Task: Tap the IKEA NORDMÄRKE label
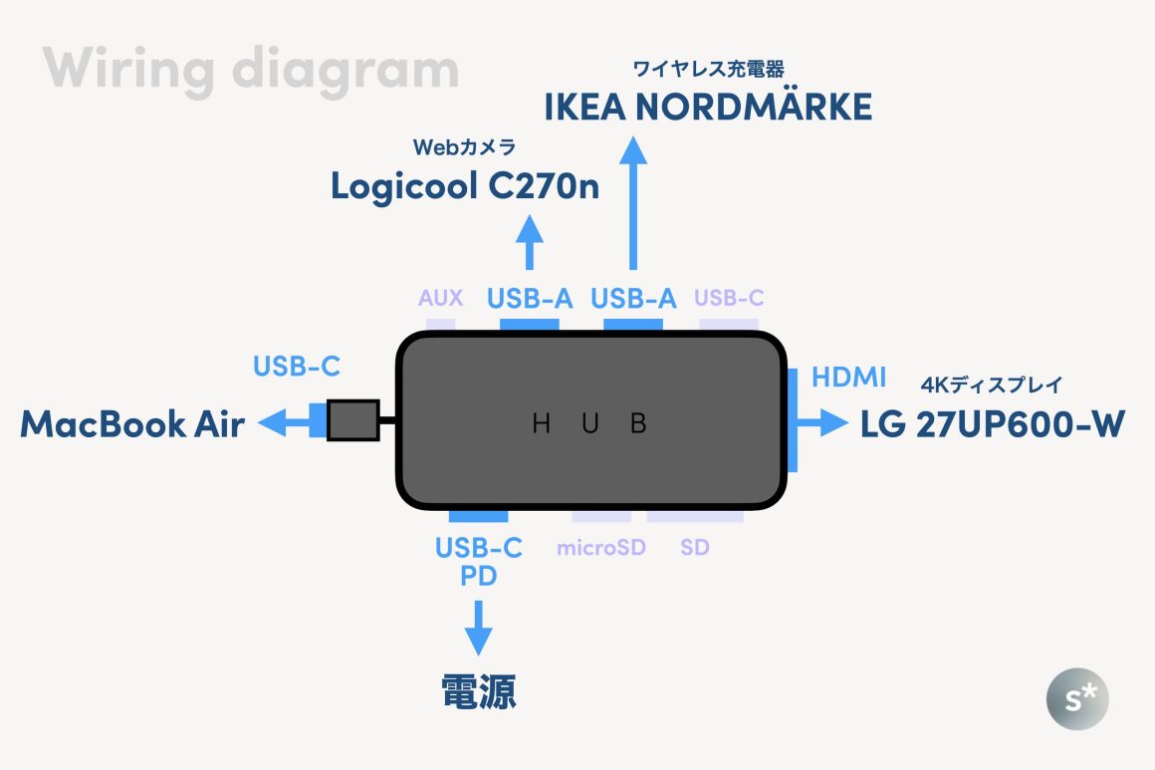(x=708, y=107)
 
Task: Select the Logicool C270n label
(x=465, y=186)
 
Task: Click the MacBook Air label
(x=132, y=425)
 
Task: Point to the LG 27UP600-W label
(x=993, y=425)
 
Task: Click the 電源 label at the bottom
(x=479, y=692)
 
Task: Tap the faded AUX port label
(x=440, y=297)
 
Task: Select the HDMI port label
(x=848, y=378)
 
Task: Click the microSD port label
(x=601, y=547)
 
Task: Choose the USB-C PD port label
(x=479, y=562)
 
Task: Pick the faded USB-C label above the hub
(x=729, y=297)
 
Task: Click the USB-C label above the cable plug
(x=297, y=367)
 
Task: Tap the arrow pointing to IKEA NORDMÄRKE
(x=632, y=203)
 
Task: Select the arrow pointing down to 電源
(x=479, y=628)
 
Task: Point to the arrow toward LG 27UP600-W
(x=824, y=423)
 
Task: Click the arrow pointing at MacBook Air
(x=285, y=423)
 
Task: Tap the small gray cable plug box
(x=353, y=420)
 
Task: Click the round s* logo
(x=1076, y=698)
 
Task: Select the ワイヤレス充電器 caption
(x=708, y=69)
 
